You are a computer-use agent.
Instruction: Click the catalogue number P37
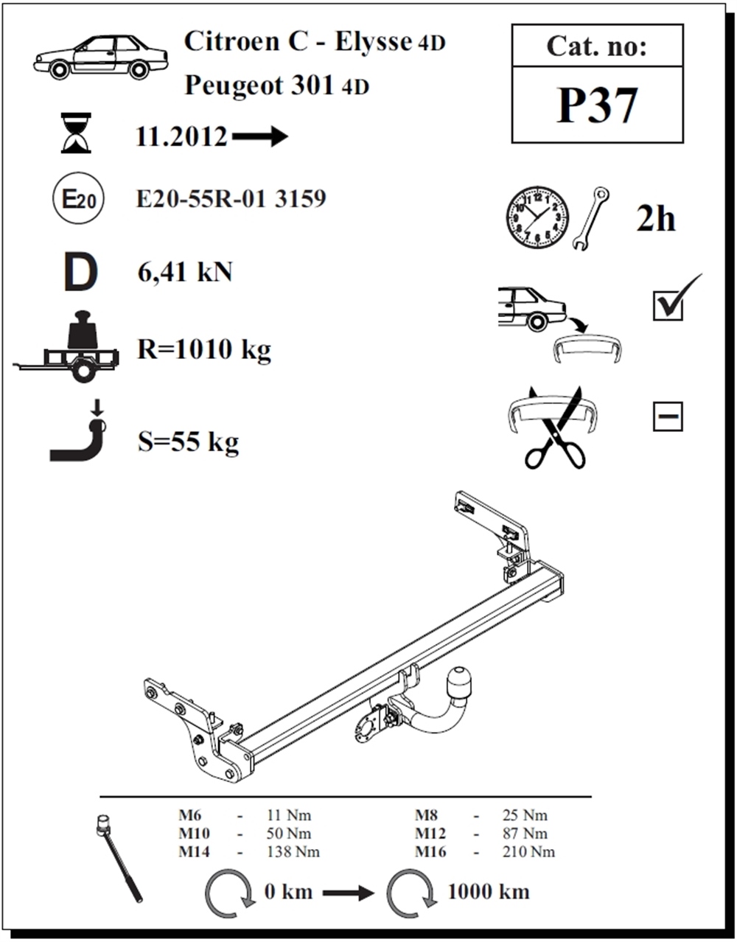tap(597, 105)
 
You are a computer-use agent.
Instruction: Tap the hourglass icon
tap(76, 133)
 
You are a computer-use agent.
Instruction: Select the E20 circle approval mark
tap(78, 198)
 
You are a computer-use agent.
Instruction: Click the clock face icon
tap(537, 217)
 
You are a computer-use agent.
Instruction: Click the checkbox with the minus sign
tap(668, 416)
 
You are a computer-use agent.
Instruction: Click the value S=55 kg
tap(188, 442)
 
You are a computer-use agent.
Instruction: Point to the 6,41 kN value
tap(185, 273)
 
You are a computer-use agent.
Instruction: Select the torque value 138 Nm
tap(293, 852)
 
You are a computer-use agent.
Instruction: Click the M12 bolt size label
tap(430, 833)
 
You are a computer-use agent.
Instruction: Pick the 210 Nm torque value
tap(528, 852)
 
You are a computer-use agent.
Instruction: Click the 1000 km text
tap(489, 892)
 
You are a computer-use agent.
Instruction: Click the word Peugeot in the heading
tap(234, 86)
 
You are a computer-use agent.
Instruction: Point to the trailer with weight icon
tap(66, 346)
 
